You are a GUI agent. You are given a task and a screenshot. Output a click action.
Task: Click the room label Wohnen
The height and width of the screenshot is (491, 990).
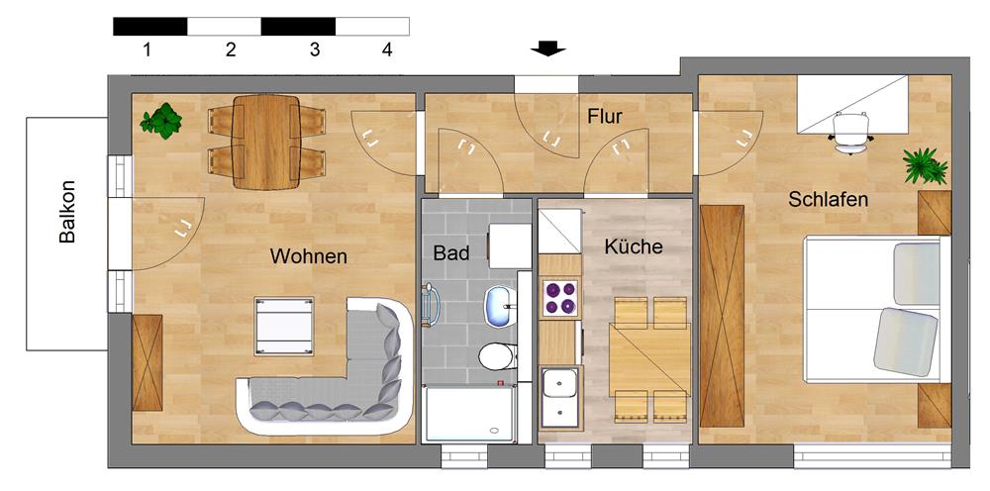[309, 256]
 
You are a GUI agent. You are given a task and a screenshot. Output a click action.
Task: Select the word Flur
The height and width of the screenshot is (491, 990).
[605, 117]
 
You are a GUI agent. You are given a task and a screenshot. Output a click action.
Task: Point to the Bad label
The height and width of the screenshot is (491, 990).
[451, 252]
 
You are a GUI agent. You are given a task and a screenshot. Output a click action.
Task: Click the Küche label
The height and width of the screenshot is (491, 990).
[634, 247]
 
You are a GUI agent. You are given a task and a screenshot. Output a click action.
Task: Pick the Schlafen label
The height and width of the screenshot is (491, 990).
[829, 200]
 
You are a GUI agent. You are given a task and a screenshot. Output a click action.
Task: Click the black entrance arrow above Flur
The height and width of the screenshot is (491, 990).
[546, 48]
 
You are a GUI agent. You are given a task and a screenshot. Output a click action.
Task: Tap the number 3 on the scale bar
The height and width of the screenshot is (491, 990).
[315, 49]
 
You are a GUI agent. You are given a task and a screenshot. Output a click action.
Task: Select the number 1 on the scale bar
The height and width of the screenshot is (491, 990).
[147, 49]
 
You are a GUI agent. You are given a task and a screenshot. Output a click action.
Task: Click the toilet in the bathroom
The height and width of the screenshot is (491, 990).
[494, 357]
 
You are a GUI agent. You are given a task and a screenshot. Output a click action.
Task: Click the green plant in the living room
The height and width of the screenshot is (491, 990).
[160, 122]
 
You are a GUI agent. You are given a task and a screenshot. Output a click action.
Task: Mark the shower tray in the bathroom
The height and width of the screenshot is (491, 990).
[470, 415]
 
